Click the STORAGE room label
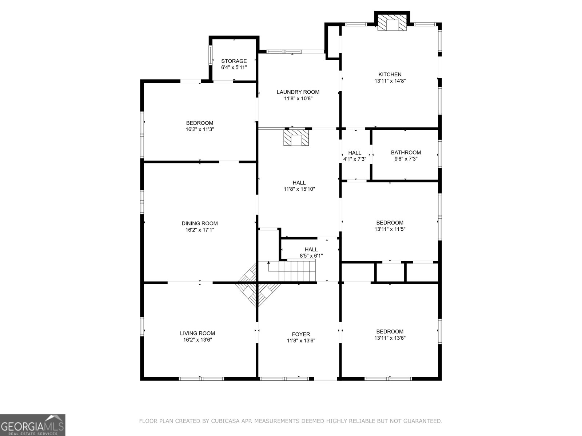pyautogui.click(x=234, y=61)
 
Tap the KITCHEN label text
pyautogui.click(x=390, y=74)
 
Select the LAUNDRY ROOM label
pyautogui.click(x=298, y=92)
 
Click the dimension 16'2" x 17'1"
pyautogui.click(x=200, y=230)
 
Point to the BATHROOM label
pyautogui.click(x=406, y=153)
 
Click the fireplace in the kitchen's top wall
pyautogui.click(x=392, y=23)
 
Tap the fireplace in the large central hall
pyautogui.click(x=296, y=137)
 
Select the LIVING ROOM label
pyautogui.click(x=198, y=333)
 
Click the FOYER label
pyautogui.click(x=301, y=334)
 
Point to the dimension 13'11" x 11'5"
pyautogui.click(x=390, y=229)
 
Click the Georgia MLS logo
pyautogui.click(x=32, y=425)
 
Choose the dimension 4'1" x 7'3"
pyautogui.click(x=355, y=159)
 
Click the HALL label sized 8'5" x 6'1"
pyautogui.click(x=311, y=249)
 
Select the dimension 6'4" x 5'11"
pyautogui.click(x=234, y=68)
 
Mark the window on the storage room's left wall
pyautogui.click(x=211, y=56)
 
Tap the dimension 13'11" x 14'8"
pyautogui.click(x=390, y=81)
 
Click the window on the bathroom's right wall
pyautogui.click(x=440, y=154)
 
